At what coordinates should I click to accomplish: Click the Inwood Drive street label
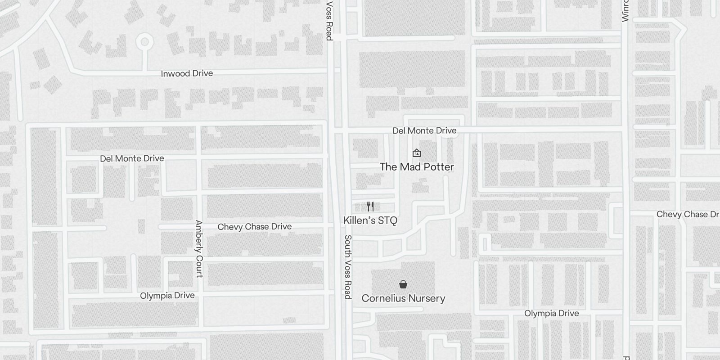187,73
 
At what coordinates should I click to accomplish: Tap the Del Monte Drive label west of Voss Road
132,158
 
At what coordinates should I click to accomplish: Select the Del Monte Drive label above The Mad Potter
424,130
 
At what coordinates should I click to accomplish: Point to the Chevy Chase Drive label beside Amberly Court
255,227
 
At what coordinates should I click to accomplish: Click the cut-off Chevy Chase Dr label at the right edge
688,214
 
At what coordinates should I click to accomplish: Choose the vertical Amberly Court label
199,249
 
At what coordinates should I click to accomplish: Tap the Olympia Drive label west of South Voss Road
167,296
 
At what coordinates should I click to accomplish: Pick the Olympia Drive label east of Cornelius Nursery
552,313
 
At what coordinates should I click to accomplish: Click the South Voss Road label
348,267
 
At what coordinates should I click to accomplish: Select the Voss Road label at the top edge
329,21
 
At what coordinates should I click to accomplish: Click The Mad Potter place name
417,167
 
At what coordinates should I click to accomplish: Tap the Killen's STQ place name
370,220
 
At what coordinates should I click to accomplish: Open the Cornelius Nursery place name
403,298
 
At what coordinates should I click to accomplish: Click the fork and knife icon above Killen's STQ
370,207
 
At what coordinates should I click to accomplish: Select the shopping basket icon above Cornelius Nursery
403,284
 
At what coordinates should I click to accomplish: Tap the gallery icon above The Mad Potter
417,153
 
